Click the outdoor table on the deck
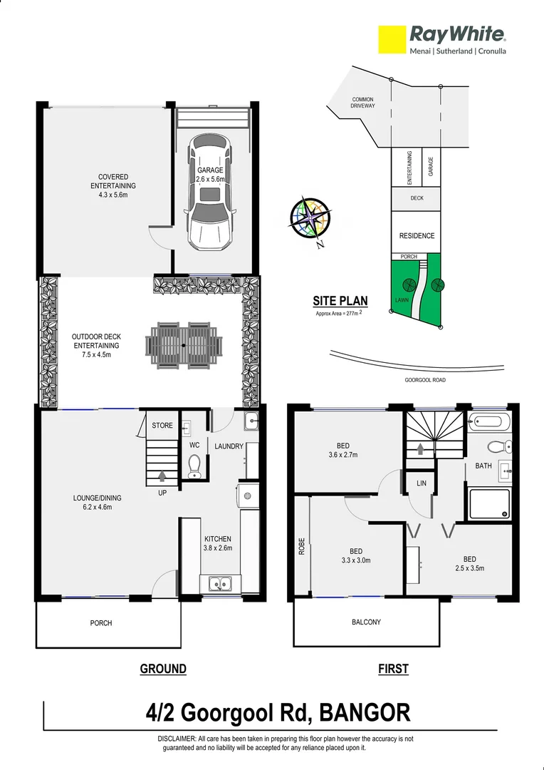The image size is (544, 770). pyautogui.click(x=184, y=345)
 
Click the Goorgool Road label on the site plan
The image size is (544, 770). pyautogui.click(x=424, y=380)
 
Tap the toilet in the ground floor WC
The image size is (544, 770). pyautogui.click(x=194, y=466)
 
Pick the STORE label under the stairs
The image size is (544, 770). pyautogui.click(x=162, y=426)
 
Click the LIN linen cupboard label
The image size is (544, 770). pyautogui.click(x=422, y=483)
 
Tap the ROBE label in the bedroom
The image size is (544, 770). pyautogui.click(x=301, y=546)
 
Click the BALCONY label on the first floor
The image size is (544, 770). pyautogui.click(x=366, y=622)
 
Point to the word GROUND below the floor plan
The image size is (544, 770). pyautogui.click(x=163, y=669)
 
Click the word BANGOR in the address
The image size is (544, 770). pyautogui.click(x=365, y=712)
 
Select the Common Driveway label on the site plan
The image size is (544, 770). pyautogui.click(x=362, y=103)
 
